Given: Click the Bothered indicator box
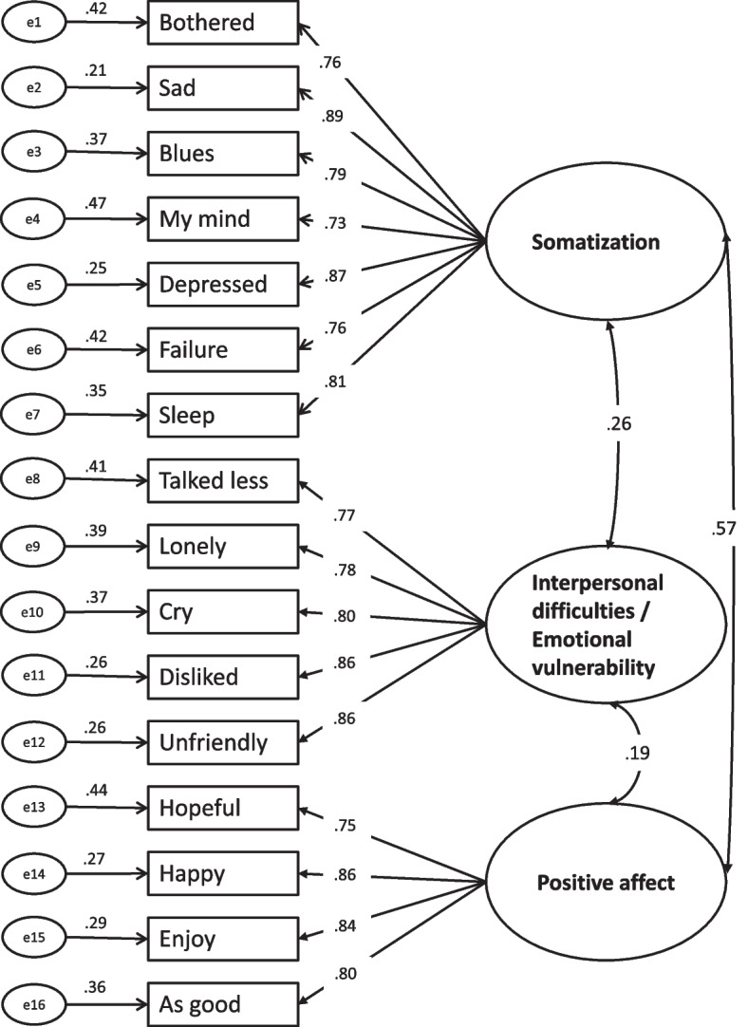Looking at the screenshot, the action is point(223,22).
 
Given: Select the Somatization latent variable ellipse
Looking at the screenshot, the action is point(606,242).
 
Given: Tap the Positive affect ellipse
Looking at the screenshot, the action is point(606,882).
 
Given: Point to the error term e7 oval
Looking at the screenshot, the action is point(33,414).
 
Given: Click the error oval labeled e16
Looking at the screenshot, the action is point(33,1004).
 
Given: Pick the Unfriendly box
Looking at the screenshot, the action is point(223,742).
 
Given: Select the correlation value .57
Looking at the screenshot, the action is point(723,528).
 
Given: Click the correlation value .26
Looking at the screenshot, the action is point(618,423).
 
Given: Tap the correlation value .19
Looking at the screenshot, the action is point(637,753).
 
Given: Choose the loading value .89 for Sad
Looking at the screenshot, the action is point(333,117).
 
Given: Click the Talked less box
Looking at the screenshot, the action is point(223,480).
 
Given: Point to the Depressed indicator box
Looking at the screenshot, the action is point(223,284).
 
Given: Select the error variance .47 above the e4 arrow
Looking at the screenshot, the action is point(96,204).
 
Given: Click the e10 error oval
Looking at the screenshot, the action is point(33,612).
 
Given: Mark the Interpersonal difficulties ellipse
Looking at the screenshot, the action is point(606,625).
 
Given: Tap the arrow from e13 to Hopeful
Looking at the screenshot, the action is point(106,808).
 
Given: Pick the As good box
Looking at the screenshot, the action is point(223,1004).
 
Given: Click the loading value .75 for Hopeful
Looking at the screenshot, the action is point(345,825).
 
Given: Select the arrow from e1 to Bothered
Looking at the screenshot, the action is point(106,22).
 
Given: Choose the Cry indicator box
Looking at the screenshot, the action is point(223,611).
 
